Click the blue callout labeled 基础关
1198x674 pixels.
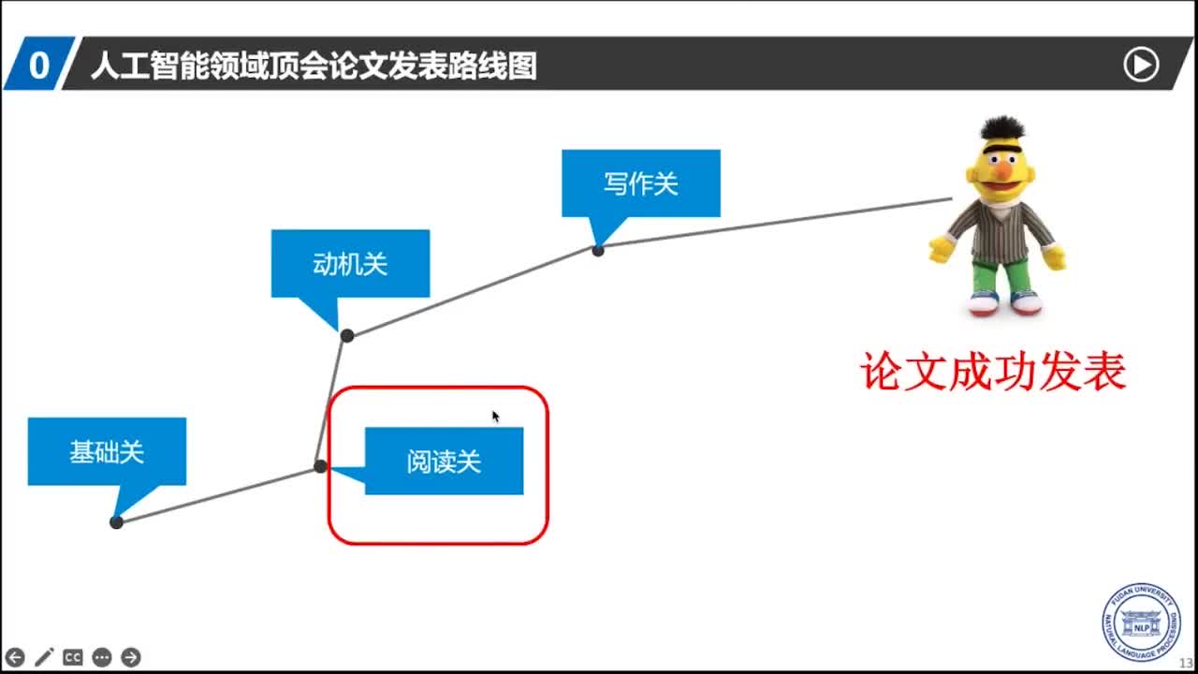point(107,451)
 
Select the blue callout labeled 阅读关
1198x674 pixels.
point(444,461)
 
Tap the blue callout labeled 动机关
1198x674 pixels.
point(350,263)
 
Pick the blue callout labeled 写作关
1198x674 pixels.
point(640,183)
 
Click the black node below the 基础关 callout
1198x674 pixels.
point(116,522)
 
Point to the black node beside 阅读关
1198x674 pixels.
point(320,466)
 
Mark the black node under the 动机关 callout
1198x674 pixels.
point(347,335)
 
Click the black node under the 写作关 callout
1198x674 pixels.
point(598,250)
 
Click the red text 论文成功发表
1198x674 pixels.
point(993,373)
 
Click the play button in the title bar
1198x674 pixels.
point(1141,65)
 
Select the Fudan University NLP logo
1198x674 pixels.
point(1141,623)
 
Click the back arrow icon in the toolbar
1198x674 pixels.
point(15,657)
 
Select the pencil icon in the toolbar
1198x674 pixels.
point(44,657)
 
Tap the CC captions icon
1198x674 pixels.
point(73,657)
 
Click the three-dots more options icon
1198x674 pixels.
point(102,657)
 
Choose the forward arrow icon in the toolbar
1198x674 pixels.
point(131,657)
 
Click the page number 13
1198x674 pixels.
point(1186,663)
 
